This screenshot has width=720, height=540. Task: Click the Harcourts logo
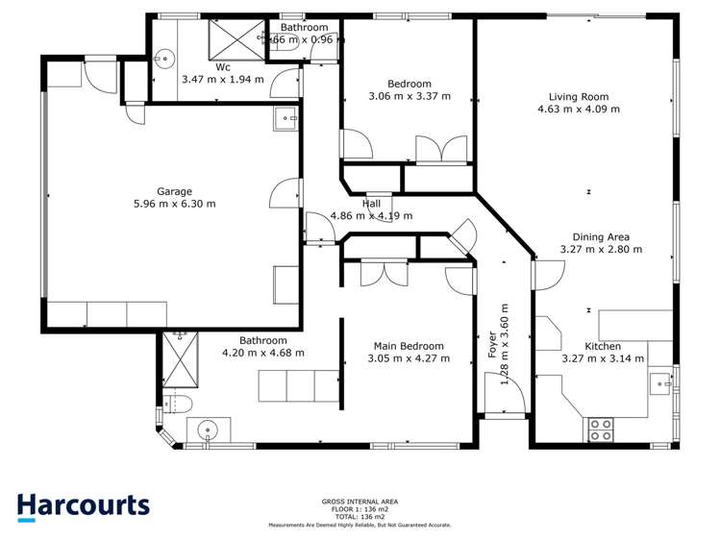pos(83,506)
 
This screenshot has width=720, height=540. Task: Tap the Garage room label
pos(174,191)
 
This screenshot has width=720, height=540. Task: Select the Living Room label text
pos(578,97)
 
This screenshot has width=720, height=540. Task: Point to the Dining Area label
pos(601,236)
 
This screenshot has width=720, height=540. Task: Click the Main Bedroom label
pos(409,346)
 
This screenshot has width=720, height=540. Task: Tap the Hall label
pos(371,204)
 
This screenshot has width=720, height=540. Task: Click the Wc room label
pos(222,67)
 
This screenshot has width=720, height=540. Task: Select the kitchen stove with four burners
pos(601,430)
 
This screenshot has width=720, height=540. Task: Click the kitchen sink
pos(661,383)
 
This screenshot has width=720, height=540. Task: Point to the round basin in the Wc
pos(167,59)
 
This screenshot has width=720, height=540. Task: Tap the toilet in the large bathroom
pos(179,403)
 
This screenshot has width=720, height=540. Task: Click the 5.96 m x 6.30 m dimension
pos(174,204)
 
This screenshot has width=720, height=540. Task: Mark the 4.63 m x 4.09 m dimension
pos(578,110)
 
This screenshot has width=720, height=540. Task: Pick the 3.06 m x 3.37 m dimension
pos(409,96)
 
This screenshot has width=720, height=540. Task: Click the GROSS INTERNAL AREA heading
pos(360,502)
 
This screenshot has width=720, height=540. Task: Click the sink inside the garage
pos(286,120)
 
